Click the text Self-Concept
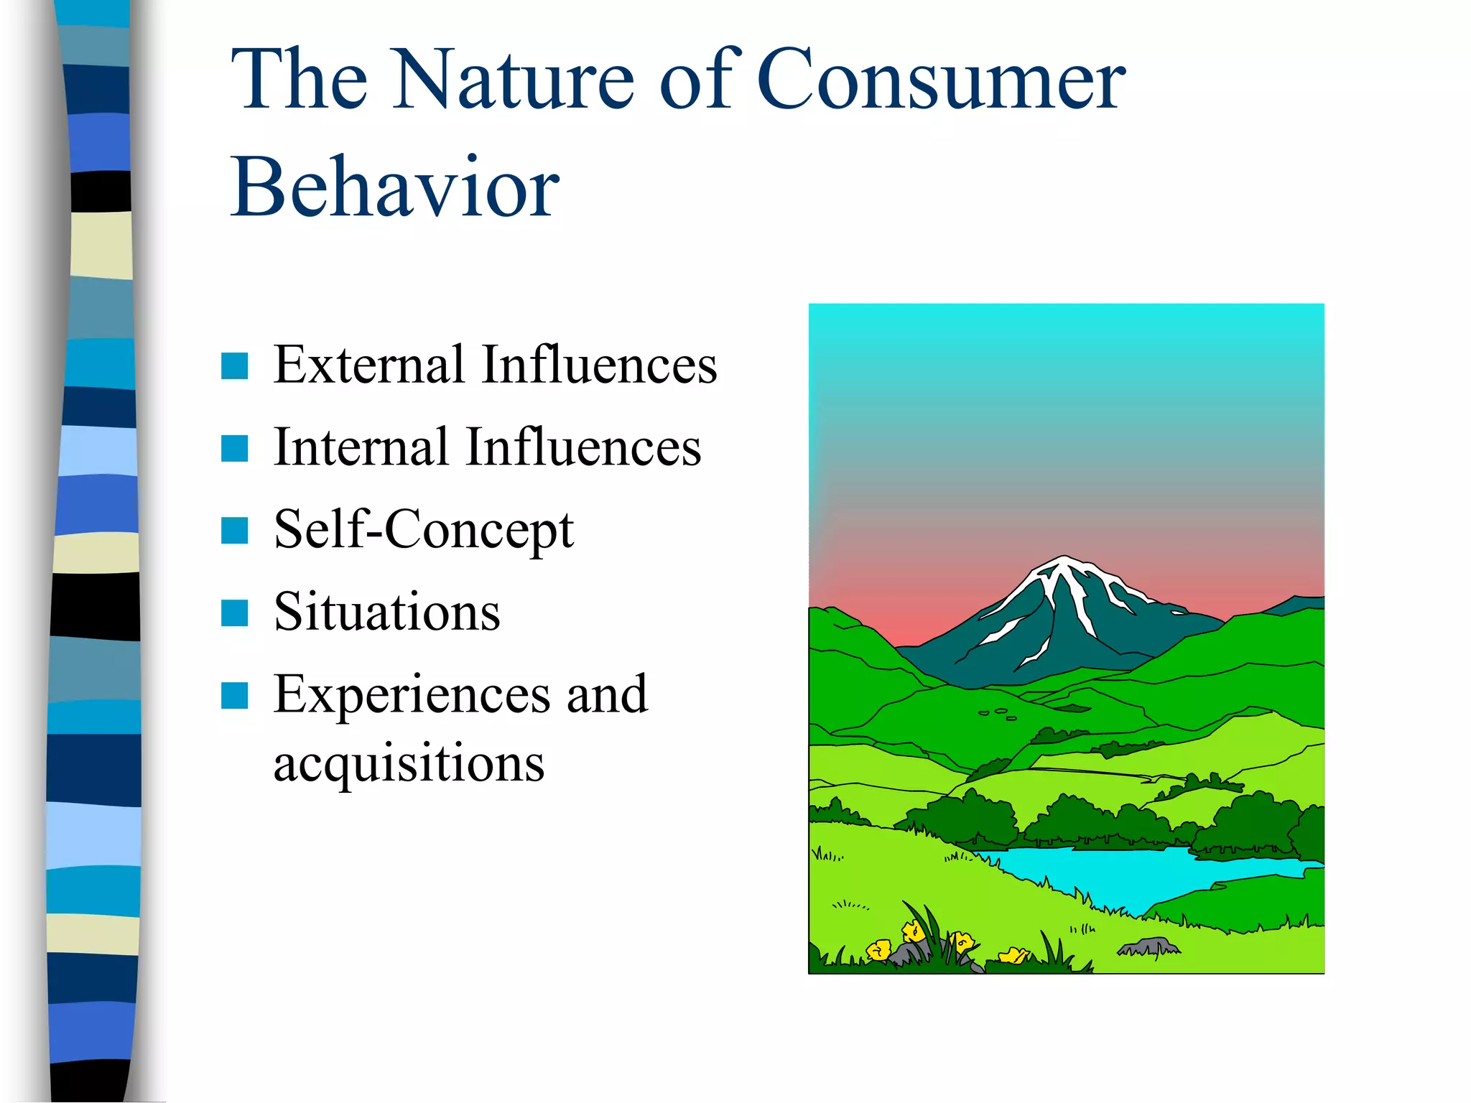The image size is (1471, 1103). [424, 530]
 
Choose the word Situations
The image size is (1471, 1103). [387, 612]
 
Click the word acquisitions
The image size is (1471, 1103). [409, 763]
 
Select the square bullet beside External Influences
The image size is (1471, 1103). [235, 366]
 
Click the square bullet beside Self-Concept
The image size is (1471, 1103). [235, 531]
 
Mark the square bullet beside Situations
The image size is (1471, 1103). [235, 613]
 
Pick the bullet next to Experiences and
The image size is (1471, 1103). [235, 696]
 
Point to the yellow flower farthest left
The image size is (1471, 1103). [879, 950]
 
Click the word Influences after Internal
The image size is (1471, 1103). [583, 447]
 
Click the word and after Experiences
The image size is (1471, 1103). [607, 695]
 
